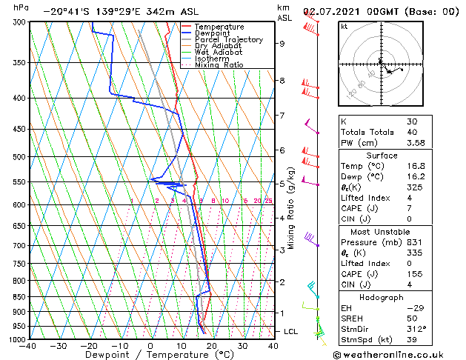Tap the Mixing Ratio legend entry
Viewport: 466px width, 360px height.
tap(219, 65)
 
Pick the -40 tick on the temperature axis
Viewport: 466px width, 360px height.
tap(28, 346)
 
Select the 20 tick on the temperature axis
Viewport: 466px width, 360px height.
tap(212, 346)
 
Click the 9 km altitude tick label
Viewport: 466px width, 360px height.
tap(282, 44)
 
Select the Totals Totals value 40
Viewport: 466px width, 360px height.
tap(411, 133)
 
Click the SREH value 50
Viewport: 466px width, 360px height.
tap(412, 318)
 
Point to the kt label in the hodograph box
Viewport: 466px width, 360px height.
tap(344, 26)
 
